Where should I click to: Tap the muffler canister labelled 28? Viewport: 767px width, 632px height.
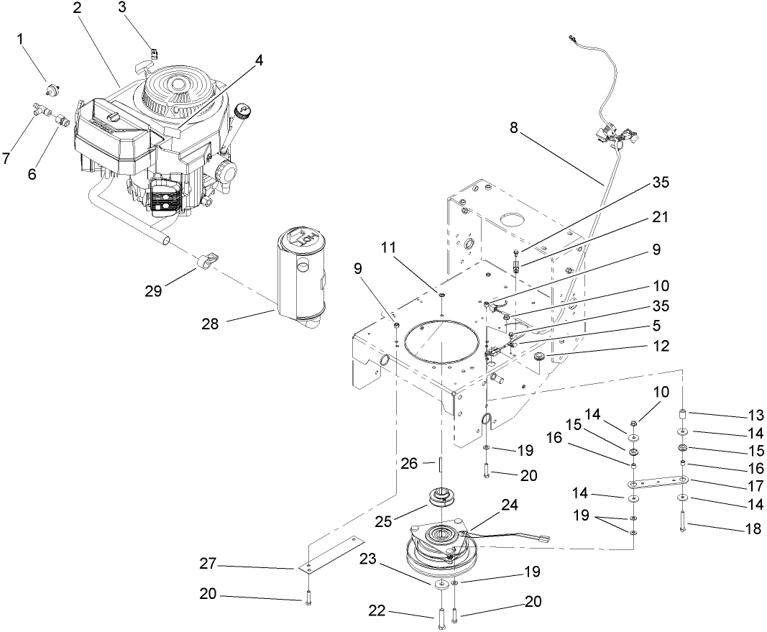(300, 277)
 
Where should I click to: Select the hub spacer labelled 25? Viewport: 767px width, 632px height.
(439, 496)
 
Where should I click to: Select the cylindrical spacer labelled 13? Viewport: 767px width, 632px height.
(684, 415)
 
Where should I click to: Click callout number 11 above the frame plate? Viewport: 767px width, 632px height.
(388, 247)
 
